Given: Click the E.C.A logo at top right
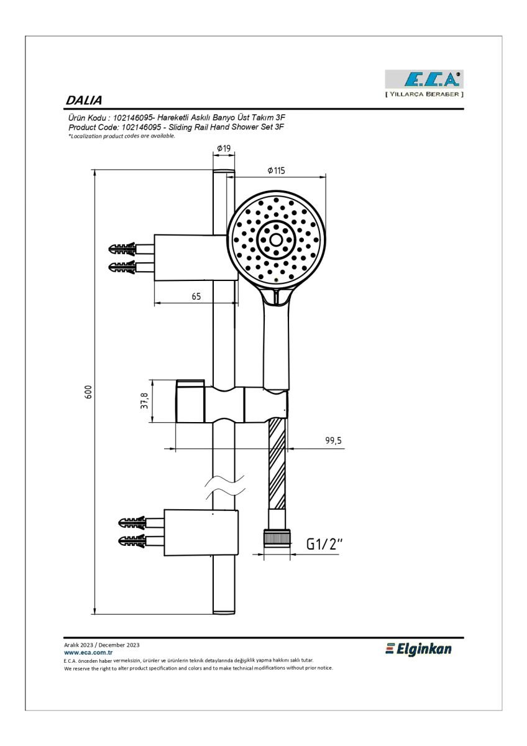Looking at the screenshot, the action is pos(424,80).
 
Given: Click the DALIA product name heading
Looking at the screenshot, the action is pos(84,100).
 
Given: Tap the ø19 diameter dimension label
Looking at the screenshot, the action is pos(224,148).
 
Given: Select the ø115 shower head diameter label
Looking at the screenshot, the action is pos(277,170).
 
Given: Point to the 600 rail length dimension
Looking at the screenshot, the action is pos(88,392).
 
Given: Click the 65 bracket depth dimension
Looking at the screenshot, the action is pos(196,296).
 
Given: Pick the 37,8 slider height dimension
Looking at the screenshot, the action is pos(144,400).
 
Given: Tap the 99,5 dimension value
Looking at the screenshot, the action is pos(334,440).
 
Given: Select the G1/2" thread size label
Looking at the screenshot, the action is pos(324,544).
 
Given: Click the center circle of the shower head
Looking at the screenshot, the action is pos(276,239).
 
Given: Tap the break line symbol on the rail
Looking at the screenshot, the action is pos(226,487).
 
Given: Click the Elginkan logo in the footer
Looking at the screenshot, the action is pos(418,649).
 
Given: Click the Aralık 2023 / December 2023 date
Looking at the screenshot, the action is pos(101,645).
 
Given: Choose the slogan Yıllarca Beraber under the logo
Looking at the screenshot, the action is pos(424,94).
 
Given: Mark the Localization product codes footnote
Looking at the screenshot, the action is pos(122,136).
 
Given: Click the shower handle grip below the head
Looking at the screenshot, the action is pos(277,343).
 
